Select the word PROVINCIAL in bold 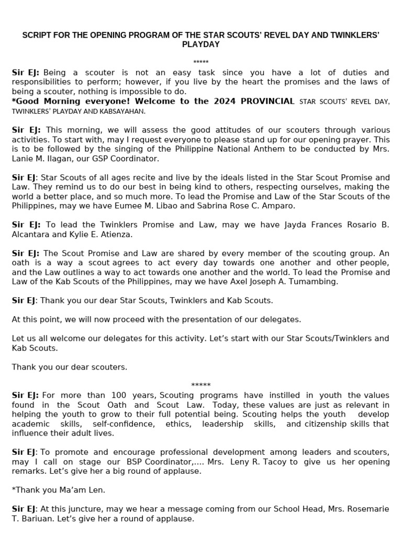(267, 102)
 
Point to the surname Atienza (117, 234)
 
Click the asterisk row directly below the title (200, 62)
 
